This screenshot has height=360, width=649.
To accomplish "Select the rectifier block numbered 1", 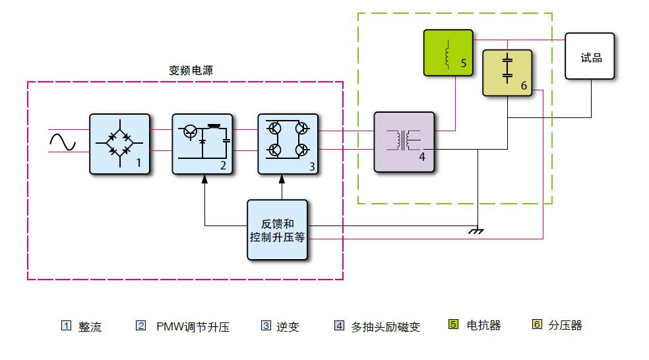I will point(119,143).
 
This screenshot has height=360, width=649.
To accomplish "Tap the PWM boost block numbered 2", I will point(202,143).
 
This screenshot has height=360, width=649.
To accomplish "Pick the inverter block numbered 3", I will point(288,143).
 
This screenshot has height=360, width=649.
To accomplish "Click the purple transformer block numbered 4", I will point(404,142).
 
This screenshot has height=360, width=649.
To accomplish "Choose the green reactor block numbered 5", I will point(448,53).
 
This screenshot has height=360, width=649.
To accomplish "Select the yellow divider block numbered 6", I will point(507,73).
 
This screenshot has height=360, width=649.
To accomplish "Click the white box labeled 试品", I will point(590,57).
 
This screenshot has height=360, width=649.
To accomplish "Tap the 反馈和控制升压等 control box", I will point(277,229).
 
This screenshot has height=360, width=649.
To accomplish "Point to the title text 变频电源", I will point(191,71).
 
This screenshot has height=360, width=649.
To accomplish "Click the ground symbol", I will point(476,230).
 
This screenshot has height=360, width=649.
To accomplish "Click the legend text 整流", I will point(90,326).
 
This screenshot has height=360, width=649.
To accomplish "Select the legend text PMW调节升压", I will point(193,326).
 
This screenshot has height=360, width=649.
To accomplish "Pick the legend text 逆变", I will point(288,326).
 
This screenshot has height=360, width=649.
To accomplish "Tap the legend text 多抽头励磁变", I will point(385,326).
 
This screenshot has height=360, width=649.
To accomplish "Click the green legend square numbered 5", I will point(453,324).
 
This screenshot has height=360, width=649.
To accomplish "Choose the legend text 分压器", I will point(565,325).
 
